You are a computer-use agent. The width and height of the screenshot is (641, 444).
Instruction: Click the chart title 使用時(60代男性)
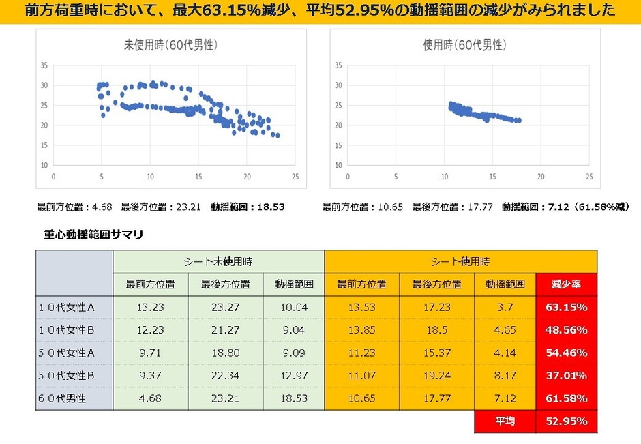click(465, 45)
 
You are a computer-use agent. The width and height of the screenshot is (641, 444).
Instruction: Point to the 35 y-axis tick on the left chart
click(43, 65)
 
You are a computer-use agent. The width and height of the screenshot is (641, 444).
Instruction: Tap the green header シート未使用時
click(218, 261)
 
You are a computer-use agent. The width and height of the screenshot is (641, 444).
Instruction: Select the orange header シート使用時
click(460, 261)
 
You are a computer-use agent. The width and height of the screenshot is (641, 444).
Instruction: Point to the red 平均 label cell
click(505, 421)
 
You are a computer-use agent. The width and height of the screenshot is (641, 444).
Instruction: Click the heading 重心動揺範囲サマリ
click(93, 234)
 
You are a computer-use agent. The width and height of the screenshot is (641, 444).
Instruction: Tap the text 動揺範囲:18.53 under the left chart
click(247, 206)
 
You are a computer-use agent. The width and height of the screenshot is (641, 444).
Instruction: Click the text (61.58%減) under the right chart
click(601, 206)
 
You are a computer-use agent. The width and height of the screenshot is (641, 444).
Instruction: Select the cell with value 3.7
click(505, 307)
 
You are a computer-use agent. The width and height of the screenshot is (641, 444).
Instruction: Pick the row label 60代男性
click(63, 398)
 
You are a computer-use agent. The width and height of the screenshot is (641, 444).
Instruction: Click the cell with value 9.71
click(150, 353)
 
